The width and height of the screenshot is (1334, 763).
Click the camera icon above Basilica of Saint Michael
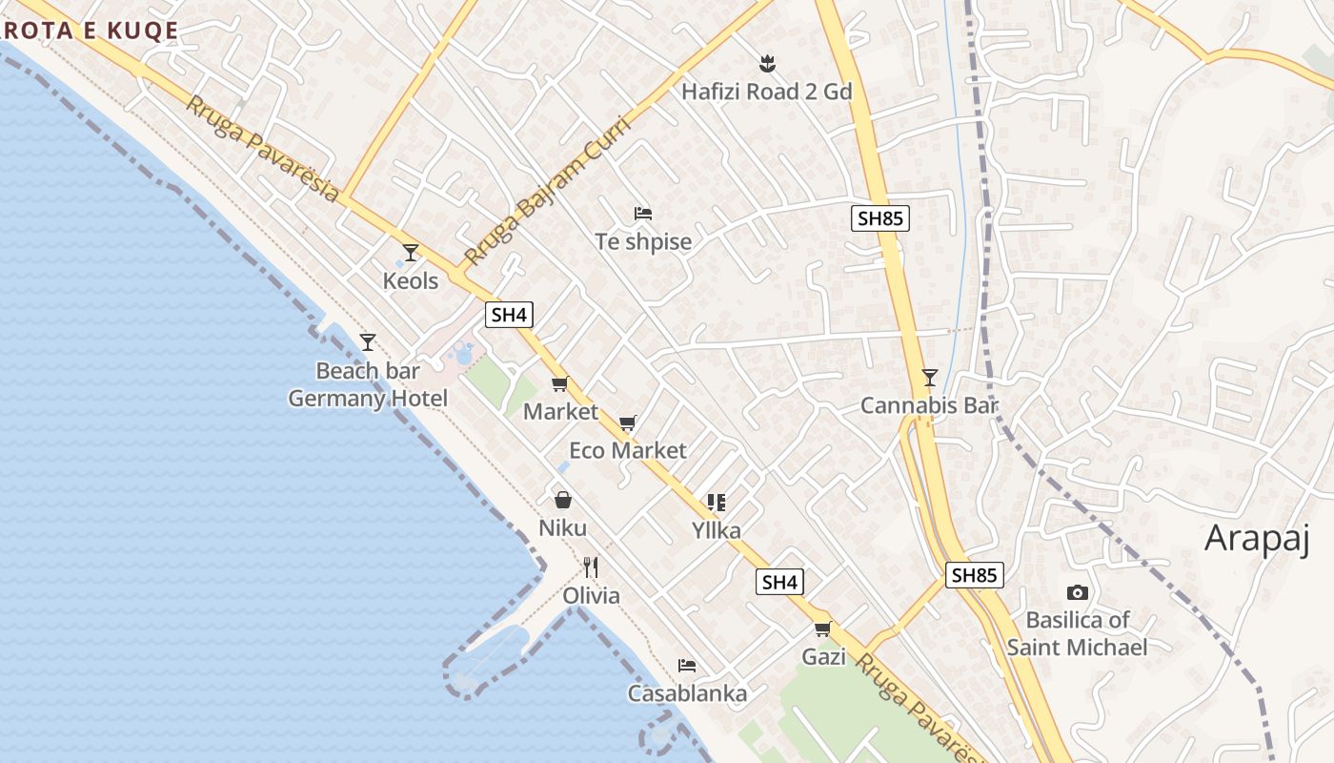coord(1078,592)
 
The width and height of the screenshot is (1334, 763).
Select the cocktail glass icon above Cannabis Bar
coord(929,378)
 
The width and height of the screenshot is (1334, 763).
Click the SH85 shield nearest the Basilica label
coord(975,574)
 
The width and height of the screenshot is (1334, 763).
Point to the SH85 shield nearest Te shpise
coord(880,218)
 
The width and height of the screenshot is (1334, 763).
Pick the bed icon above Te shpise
coord(643,213)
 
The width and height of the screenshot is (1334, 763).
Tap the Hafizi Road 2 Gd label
coord(766,92)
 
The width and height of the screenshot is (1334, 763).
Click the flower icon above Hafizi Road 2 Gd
coord(767,64)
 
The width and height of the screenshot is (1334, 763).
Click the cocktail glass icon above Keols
coord(411,253)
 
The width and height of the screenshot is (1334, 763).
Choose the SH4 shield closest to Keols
coord(508,315)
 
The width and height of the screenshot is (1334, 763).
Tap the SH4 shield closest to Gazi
coord(779,582)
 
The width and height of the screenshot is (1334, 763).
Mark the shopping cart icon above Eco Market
coord(627,423)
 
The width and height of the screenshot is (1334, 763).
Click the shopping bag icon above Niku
coord(563,499)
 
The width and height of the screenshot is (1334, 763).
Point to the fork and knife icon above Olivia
coord(591,567)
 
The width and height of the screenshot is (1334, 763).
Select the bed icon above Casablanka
coord(686,666)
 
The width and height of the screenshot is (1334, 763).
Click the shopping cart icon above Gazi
coord(823,629)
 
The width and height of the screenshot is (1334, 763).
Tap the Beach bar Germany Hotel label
coord(368,384)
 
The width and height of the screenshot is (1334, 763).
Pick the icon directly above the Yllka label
coord(717,502)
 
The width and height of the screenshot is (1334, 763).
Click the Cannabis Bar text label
coord(929,405)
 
